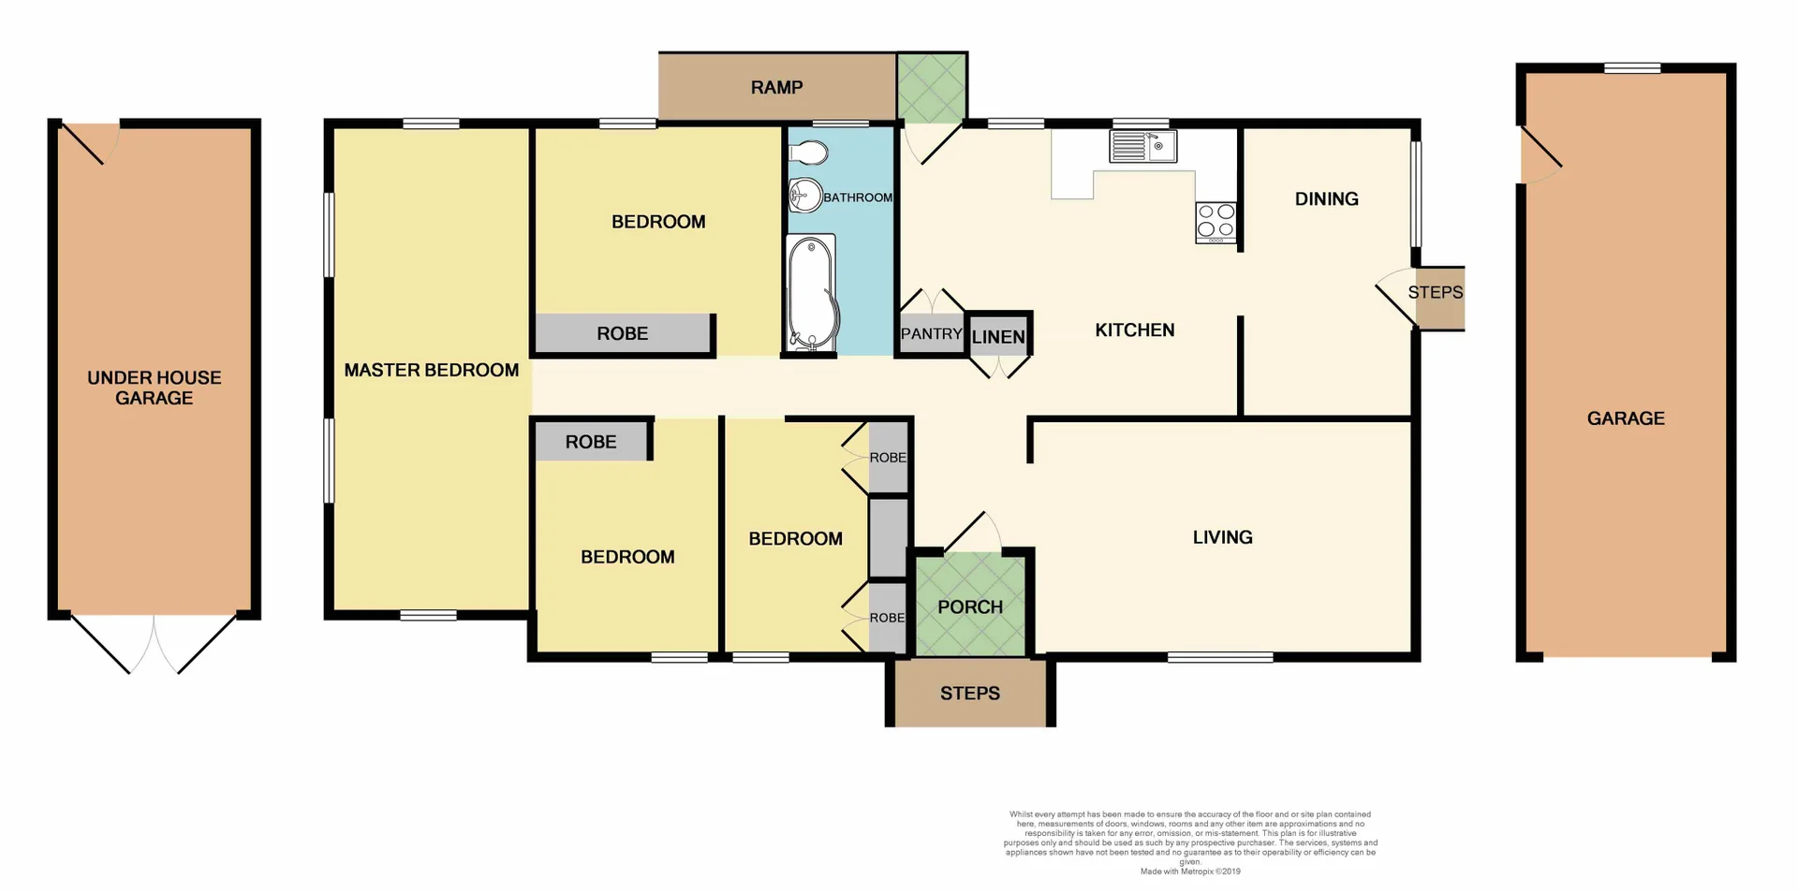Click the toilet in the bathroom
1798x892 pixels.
click(x=808, y=153)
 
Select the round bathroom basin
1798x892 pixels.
click(x=803, y=196)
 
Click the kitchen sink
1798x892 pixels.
click(x=1142, y=147)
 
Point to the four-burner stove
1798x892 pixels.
click(x=1216, y=222)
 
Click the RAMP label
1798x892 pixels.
click(x=776, y=87)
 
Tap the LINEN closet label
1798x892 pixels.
click(x=998, y=337)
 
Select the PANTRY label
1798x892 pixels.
click(x=931, y=334)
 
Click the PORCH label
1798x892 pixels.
click(x=970, y=607)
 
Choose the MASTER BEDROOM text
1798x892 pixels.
click(x=431, y=370)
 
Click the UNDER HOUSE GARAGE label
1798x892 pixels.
click(x=155, y=388)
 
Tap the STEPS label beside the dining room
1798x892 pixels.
click(x=1435, y=292)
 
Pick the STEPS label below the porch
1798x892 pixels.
click(x=970, y=694)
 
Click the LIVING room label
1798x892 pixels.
click(x=1222, y=537)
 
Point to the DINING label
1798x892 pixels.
click(x=1326, y=198)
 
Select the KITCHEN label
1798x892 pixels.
click(x=1134, y=329)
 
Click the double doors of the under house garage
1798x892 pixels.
click(x=155, y=644)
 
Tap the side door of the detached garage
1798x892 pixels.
click(x=1540, y=155)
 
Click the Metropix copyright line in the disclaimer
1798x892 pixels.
click(x=1189, y=871)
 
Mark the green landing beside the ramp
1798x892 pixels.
click(x=931, y=87)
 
